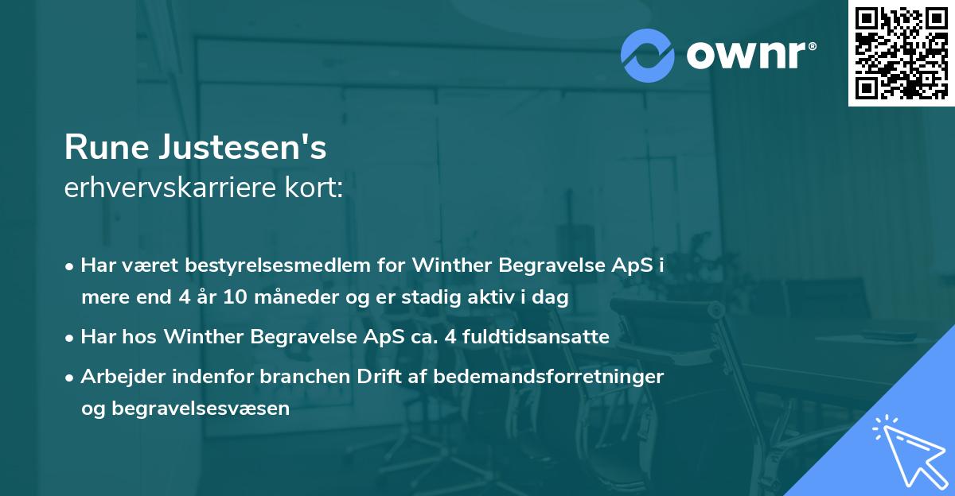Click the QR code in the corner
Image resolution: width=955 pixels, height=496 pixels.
[x=901, y=52]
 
